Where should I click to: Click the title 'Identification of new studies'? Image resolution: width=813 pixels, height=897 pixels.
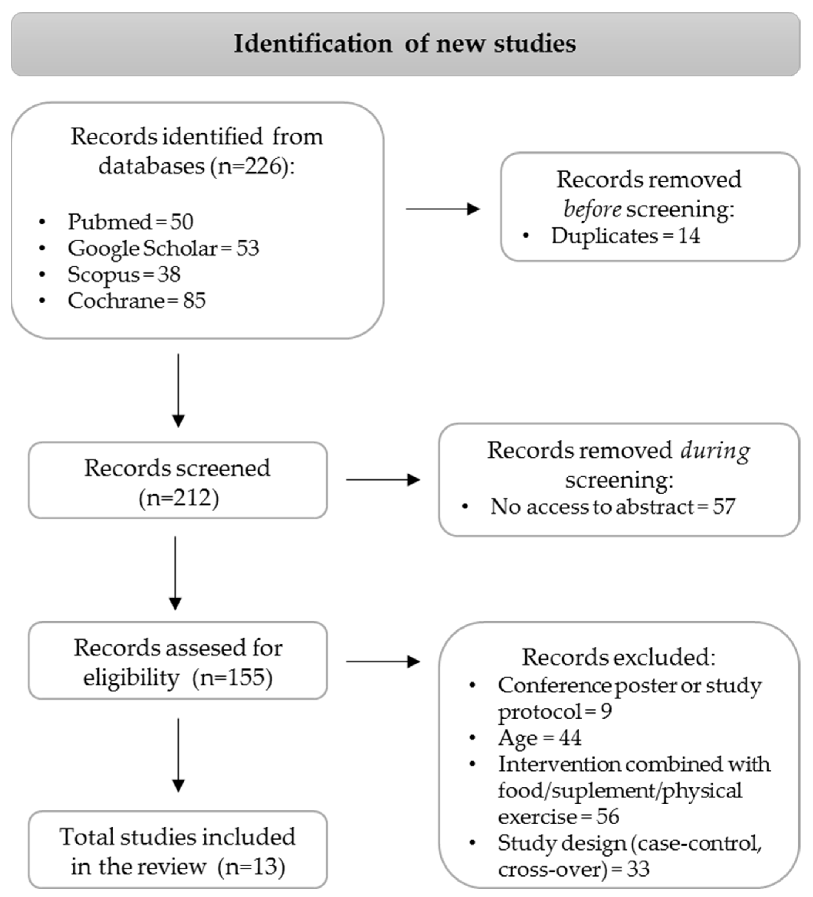pyautogui.click(x=405, y=44)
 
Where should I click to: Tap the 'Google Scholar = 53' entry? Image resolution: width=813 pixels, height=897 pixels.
pyautogui.click(x=163, y=248)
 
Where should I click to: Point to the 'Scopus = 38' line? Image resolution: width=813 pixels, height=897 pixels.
pyautogui.click(x=124, y=274)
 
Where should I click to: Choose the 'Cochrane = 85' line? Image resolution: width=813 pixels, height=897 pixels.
pyautogui.click(x=136, y=301)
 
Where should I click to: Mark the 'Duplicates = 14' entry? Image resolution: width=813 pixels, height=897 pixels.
pyautogui.click(x=625, y=235)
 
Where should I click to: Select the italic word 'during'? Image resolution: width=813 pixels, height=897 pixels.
pyautogui.click(x=715, y=451)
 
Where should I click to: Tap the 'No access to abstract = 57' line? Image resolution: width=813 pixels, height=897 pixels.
pyautogui.click(x=612, y=506)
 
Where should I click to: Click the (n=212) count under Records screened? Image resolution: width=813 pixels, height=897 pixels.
pyautogui.click(x=178, y=498)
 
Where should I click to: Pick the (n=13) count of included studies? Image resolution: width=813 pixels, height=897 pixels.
pyautogui.click(x=251, y=866)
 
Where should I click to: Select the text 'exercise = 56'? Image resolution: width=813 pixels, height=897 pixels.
pyautogui.click(x=558, y=817)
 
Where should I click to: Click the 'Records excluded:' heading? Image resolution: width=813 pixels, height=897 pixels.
pyautogui.click(x=618, y=657)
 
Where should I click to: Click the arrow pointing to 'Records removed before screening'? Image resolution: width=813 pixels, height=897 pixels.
pyautogui.click(x=443, y=209)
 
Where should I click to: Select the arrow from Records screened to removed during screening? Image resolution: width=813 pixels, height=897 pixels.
pyautogui.click(x=383, y=480)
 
